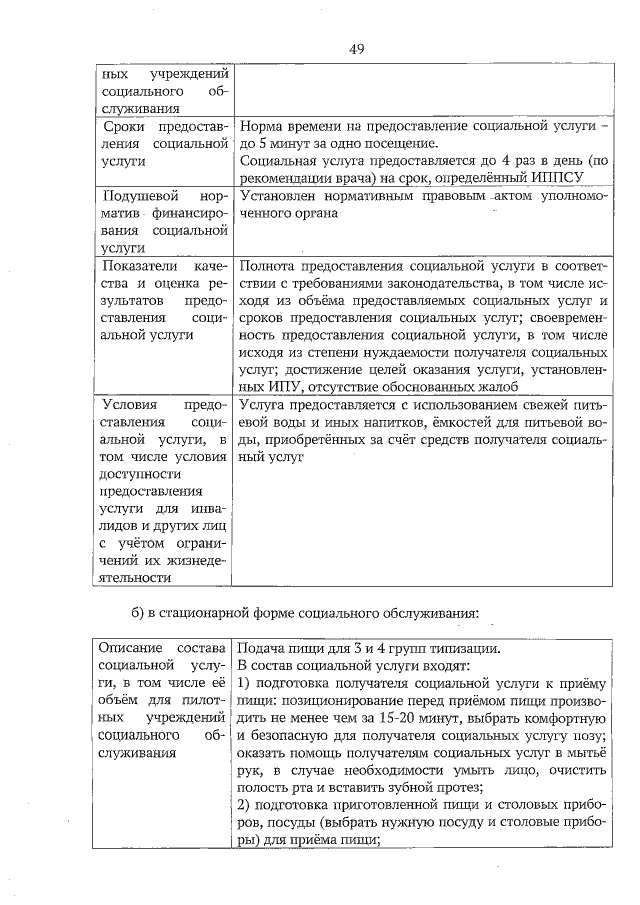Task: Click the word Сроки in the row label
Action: tap(127, 127)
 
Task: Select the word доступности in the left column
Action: tap(138, 474)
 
